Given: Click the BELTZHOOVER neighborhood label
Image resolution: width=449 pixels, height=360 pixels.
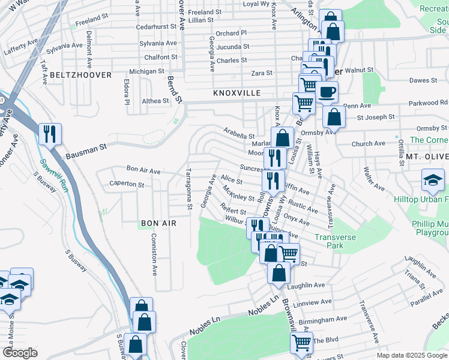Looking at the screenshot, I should click(81, 75).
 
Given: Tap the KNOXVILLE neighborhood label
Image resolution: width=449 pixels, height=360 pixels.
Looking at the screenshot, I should click(237, 94).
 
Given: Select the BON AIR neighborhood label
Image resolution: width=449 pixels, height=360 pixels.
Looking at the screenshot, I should click(158, 223).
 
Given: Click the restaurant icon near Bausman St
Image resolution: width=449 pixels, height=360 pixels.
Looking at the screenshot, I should click(49, 133).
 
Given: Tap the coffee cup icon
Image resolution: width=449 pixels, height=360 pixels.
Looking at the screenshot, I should click(327, 92).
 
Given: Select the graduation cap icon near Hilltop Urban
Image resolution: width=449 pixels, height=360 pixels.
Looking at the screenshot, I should click(432, 179).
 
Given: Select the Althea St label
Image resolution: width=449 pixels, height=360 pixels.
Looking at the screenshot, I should click(155, 101).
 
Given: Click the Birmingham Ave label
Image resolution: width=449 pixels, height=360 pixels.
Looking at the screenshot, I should click(323, 319).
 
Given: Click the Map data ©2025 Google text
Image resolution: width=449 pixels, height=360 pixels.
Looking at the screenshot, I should click(411, 355).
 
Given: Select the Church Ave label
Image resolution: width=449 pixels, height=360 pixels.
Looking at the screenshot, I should click(369, 143).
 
